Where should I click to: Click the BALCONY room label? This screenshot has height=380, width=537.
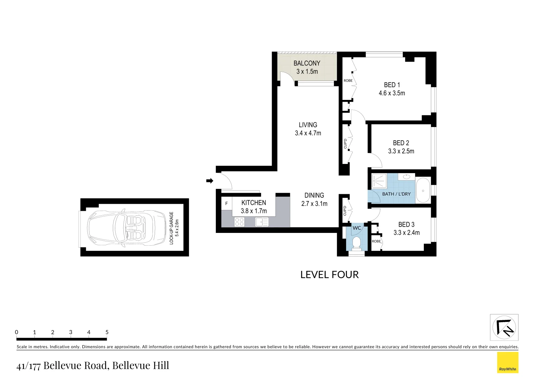coord(307,63)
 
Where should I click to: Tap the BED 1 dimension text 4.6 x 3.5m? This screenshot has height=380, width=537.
coord(392,93)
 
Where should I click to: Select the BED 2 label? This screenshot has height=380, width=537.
coord(401,143)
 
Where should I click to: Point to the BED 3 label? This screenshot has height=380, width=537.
coord(406,224)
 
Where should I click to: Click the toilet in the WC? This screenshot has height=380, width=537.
coord(356,243)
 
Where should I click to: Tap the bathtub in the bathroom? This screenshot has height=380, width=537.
coord(423,190)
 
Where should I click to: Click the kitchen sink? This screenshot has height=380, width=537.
coord(261,222)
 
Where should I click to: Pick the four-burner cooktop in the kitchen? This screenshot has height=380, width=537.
coord(239,222)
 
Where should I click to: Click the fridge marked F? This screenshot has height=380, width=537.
coord(226,204)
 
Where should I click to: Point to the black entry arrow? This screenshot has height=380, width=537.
coord(209,181)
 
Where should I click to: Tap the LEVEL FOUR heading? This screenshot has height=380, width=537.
coord(329,275)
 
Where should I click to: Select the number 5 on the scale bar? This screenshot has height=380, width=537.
coord(107,332)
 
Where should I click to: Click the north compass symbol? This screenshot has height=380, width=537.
coord(504,328)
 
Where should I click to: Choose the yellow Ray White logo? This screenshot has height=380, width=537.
coord(507,362)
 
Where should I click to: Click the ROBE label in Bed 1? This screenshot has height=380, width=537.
coord(348,81)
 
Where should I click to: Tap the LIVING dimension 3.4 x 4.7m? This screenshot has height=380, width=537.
coord(308,133)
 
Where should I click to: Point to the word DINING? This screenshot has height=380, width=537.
coord(314,195)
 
